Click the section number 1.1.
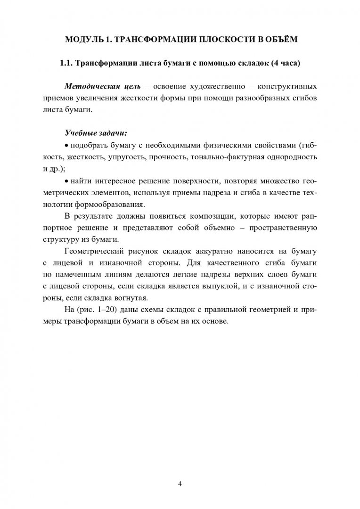64,63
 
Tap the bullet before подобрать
66,144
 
